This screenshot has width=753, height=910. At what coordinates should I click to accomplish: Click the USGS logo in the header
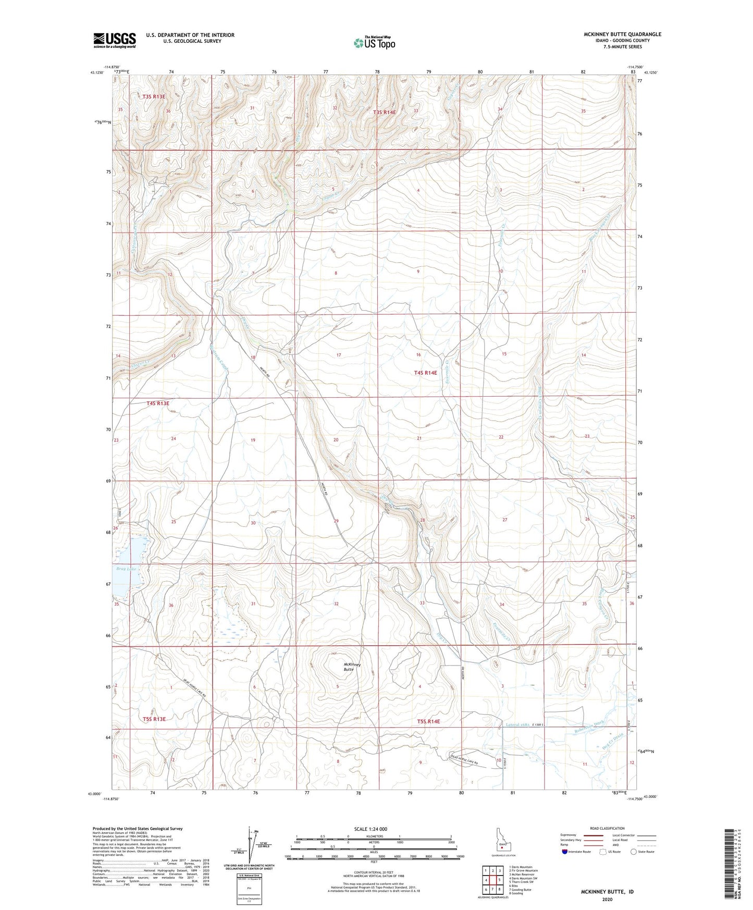click(x=115, y=40)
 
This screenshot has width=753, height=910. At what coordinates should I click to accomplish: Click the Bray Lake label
click(x=126, y=569)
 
